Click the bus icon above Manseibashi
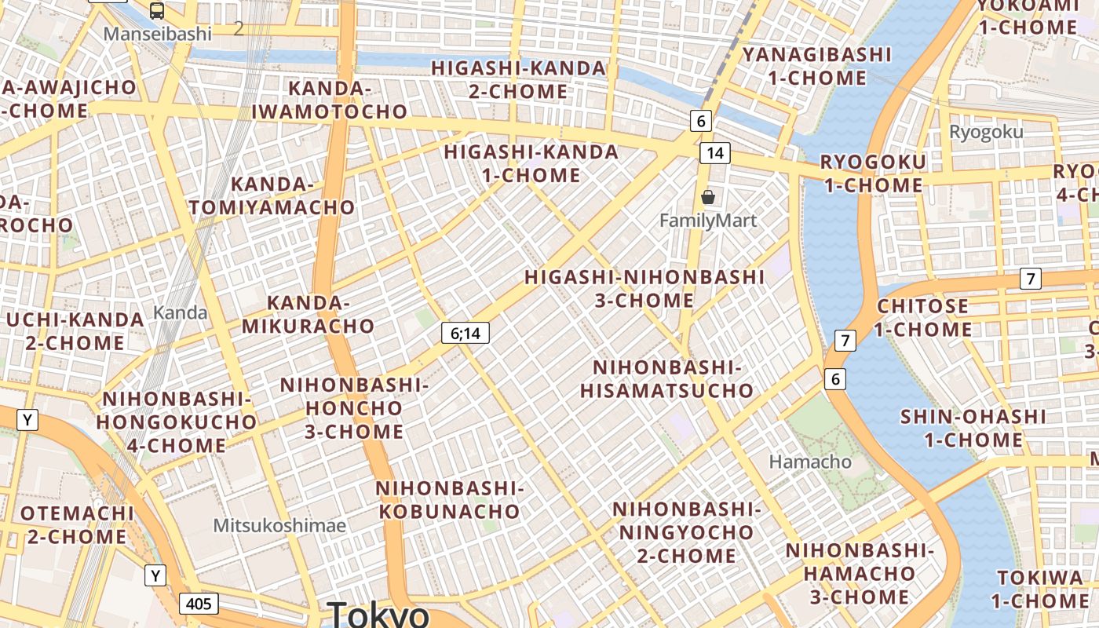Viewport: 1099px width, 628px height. (x=157, y=10)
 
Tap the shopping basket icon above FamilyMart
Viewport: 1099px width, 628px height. (x=708, y=196)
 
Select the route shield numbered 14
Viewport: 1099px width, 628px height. (x=714, y=153)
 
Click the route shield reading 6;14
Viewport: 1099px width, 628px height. (x=465, y=334)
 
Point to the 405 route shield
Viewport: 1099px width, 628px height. (x=199, y=604)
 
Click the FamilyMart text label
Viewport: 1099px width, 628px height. (x=708, y=221)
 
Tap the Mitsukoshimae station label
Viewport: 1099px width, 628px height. (x=279, y=525)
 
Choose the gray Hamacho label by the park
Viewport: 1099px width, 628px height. (x=810, y=462)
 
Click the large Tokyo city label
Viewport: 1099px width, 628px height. (x=378, y=613)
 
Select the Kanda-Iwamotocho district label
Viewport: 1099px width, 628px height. (x=330, y=100)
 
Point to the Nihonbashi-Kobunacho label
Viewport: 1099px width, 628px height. (x=449, y=500)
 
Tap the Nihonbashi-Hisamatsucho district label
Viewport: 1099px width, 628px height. (x=666, y=378)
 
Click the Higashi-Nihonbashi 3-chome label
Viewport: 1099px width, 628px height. (x=644, y=288)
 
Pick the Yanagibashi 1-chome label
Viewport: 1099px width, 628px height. (x=817, y=66)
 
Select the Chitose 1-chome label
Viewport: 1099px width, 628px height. (x=923, y=317)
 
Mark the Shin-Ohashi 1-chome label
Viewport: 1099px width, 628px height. (x=973, y=428)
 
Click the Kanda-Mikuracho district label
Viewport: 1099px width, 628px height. (x=308, y=314)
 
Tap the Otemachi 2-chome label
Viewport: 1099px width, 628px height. (x=77, y=525)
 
